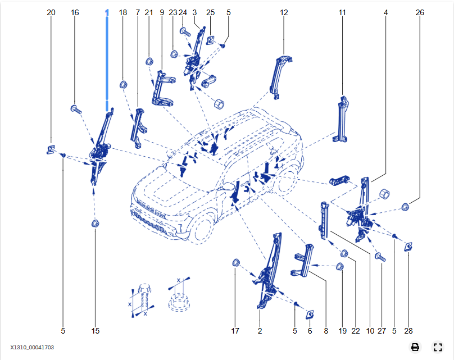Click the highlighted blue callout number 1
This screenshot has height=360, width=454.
(107, 12)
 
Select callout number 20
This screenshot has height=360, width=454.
(51, 12)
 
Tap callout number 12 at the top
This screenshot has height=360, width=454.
(284, 12)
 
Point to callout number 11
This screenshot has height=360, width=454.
(342, 12)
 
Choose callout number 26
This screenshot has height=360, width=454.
(420, 12)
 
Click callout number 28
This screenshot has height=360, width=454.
(408, 331)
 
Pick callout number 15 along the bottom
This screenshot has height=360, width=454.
(96, 331)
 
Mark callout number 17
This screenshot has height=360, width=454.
(235, 331)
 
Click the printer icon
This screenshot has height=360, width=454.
(415, 347)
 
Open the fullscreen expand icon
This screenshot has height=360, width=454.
(438, 347)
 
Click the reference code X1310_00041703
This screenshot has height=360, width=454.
(32, 348)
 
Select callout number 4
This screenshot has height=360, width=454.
(386, 12)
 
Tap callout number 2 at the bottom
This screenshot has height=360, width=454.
(260, 331)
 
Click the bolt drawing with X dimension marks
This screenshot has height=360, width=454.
(143, 298)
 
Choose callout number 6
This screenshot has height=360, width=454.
(309, 331)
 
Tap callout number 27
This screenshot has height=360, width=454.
(382, 331)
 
